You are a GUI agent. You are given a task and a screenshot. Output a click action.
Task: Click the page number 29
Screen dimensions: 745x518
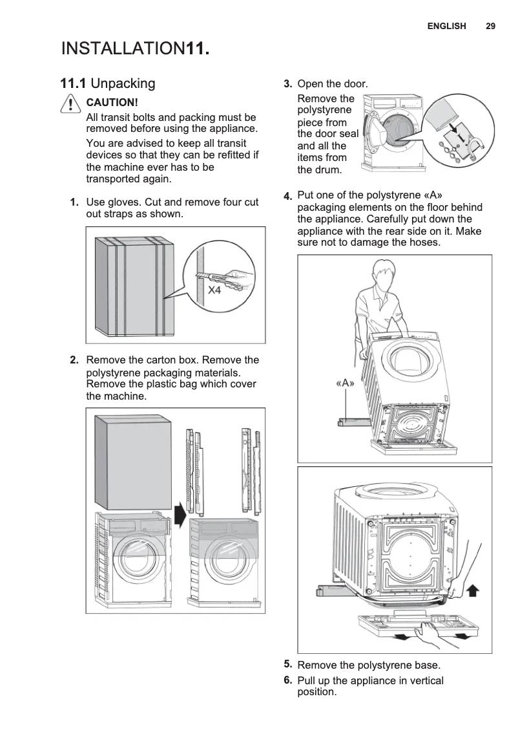[x=490, y=26]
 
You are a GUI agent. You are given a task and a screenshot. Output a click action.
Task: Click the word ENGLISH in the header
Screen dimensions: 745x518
[x=446, y=26]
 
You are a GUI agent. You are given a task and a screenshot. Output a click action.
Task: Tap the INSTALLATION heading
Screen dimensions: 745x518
[x=123, y=49]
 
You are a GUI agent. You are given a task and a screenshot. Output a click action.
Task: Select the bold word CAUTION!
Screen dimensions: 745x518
[x=112, y=103]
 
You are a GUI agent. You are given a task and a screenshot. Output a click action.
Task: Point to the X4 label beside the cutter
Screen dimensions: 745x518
[x=214, y=290]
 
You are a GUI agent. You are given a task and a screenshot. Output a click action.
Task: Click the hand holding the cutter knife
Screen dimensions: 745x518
[x=239, y=279]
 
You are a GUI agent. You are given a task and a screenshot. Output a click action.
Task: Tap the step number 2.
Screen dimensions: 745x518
[x=75, y=360]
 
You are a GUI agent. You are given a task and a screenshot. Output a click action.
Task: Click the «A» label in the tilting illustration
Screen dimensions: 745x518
[x=346, y=383]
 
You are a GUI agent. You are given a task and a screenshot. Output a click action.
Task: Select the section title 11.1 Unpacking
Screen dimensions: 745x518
[x=108, y=83]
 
